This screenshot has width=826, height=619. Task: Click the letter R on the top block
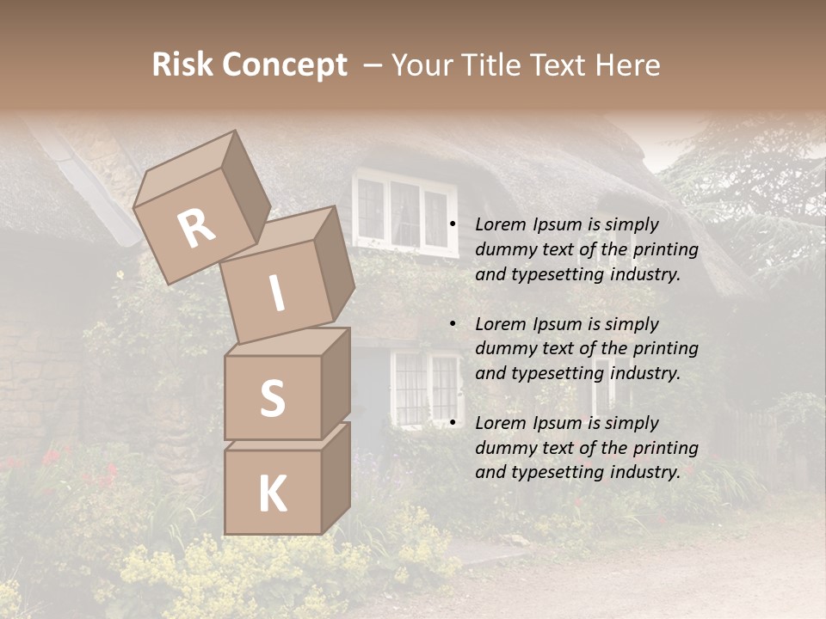[x=197, y=228]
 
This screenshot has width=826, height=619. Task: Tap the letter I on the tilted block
[x=276, y=293]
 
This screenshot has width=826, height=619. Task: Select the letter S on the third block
[x=272, y=398]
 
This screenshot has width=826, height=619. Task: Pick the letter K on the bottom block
[x=272, y=493]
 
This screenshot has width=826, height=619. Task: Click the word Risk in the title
[x=183, y=65]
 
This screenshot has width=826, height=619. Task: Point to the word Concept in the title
[x=285, y=66]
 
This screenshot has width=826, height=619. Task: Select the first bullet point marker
[x=453, y=224]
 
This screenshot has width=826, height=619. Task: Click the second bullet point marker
[x=453, y=324]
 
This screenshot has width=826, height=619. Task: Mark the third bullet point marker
[x=453, y=423]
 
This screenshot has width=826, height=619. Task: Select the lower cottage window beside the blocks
[x=427, y=387]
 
